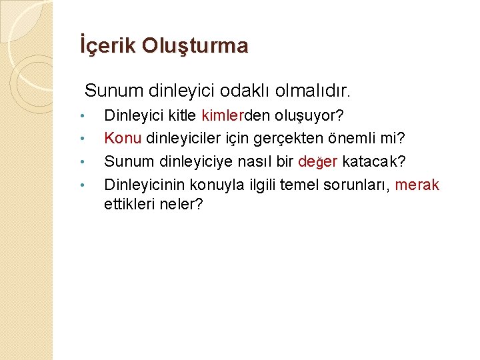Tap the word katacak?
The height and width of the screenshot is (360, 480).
pos(375,161)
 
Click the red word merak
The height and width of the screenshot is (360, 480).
pos(417,184)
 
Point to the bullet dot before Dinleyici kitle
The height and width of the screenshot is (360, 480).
pos(81,117)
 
